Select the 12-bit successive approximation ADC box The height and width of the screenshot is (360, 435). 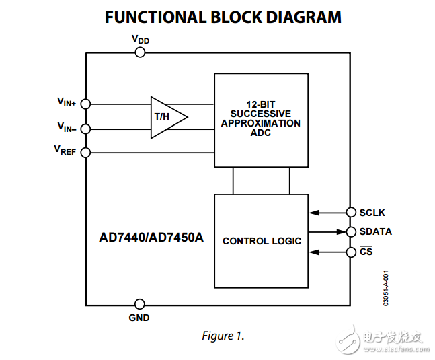pyautogui.click(x=261, y=120)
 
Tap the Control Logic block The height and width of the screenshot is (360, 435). pyautogui.click(x=261, y=241)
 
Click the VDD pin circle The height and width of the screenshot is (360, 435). pyautogui.click(x=140, y=52)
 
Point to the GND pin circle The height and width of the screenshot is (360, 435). pyautogui.click(x=140, y=304)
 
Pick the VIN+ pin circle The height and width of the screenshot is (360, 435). pyautogui.click(x=85, y=104)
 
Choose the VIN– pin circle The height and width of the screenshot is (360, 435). pyautogui.click(x=85, y=129)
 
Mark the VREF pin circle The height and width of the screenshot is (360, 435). pyautogui.click(x=85, y=153)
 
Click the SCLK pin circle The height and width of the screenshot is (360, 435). pyautogui.click(x=350, y=213)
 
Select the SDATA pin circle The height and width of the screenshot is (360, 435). pyautogui.click(x=350, y=232)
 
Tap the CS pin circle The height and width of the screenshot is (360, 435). pyautogui.click(x=350, y=252)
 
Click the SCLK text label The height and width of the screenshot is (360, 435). pyautogui.click(x=372, y=213)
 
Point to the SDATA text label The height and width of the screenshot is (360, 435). pyautogui.click(x=375, y=232)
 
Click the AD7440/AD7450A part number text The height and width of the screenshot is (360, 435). pyautogui.click(x=151, y=238)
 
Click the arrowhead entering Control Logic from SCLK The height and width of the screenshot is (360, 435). pyautogui.click(x=313, y=213)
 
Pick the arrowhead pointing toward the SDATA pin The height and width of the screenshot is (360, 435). pyautogui.click(x=340, y=232)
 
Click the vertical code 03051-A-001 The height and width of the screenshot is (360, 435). pyautogui.click(x=386, y=288)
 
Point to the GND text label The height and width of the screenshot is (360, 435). pyautogui.click(x=139, y=318)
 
